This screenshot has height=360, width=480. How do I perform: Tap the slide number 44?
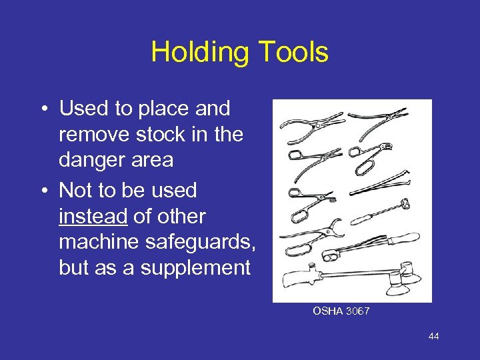(433, 337)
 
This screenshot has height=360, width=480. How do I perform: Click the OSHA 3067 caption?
(342, 311)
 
